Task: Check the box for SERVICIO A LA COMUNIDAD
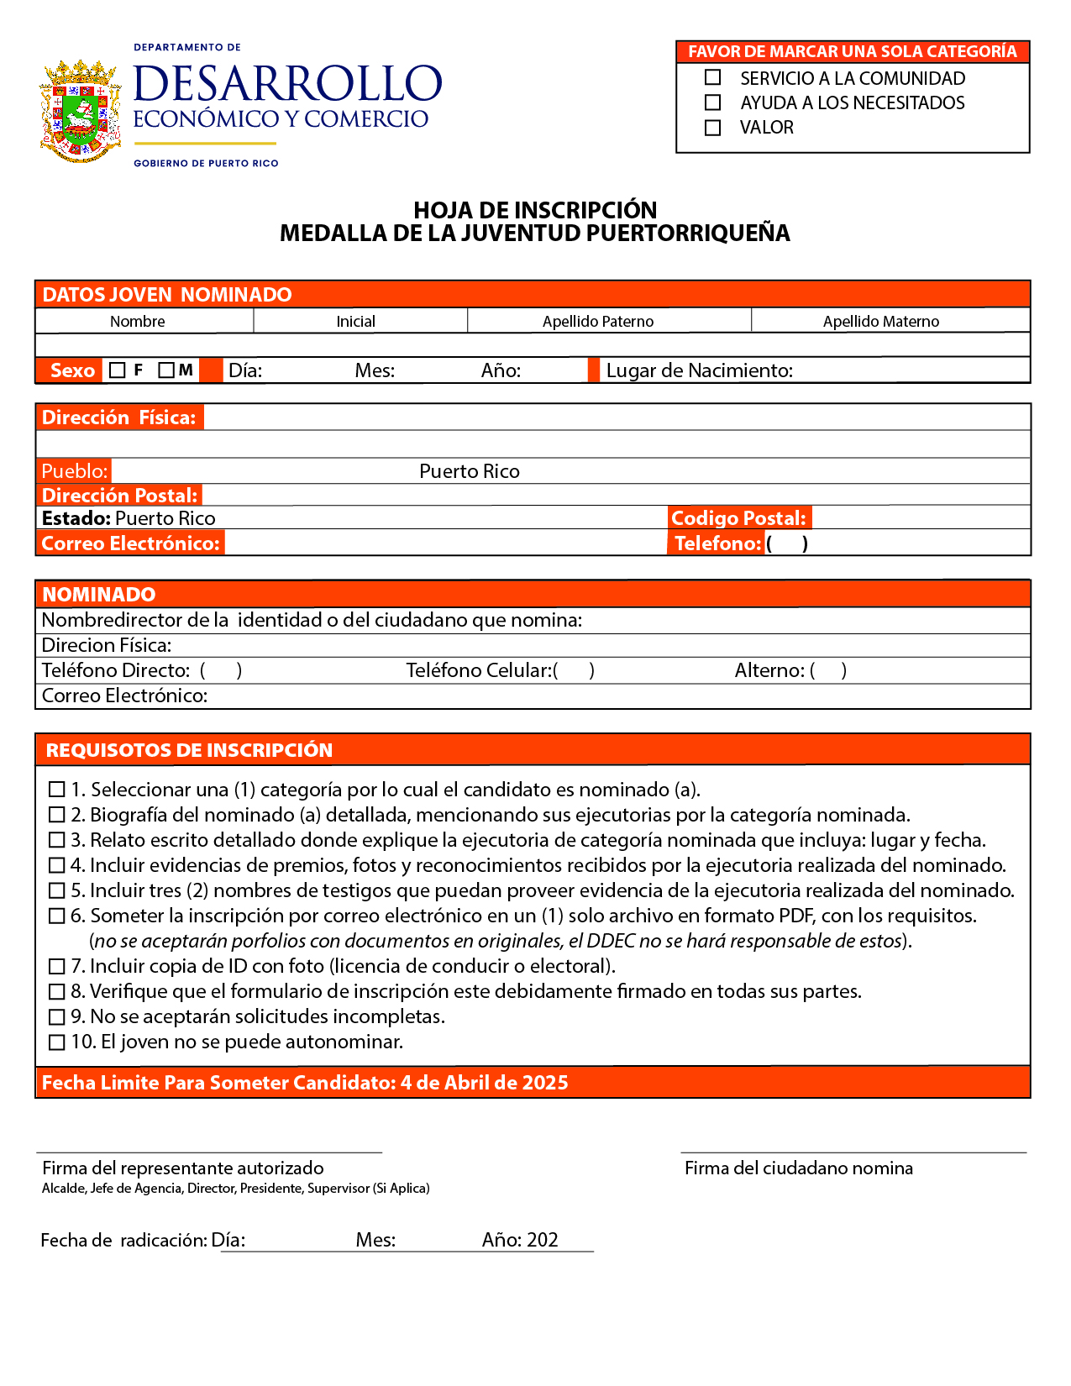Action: click(713, 78)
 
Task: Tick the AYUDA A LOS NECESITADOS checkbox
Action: click(713, 102)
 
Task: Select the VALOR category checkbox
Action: click(713, 128)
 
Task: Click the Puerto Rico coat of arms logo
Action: click(81, 110)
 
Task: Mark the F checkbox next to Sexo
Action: click(118, 370)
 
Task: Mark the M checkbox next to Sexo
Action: click(166, 370)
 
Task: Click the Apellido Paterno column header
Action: click(597, 321)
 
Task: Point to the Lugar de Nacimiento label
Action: click(699, 370)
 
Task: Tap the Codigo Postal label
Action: click(738, 518)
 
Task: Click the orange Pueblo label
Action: click(75, 471)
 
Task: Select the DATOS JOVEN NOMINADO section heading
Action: click(167, 295)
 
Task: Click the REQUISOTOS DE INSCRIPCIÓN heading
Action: click(189, 750)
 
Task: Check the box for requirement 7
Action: click(57, 967)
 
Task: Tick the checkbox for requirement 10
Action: click(57, 1042)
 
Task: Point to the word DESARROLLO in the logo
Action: click(287, 84)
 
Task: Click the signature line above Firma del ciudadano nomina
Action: click(853, 1152)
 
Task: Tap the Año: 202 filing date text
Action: click(519, 1240)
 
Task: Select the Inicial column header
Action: click(355, 321)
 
